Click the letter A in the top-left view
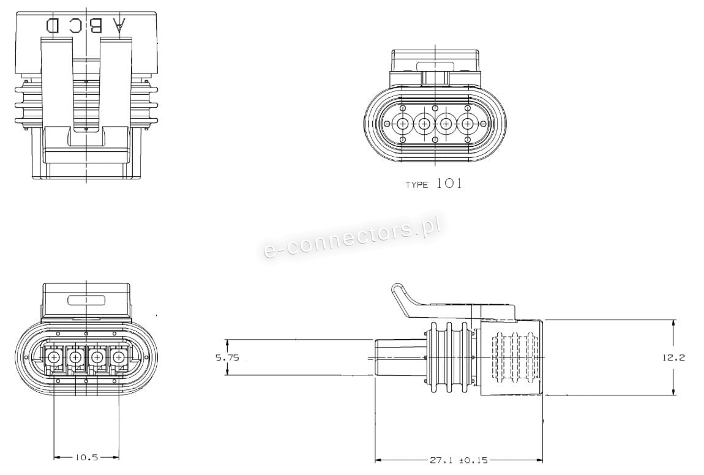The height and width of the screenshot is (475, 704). [119, 26]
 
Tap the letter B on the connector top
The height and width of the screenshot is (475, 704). [95, 26]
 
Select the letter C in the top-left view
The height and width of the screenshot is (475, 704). [75, 26]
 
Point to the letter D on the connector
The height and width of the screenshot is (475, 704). [53, 26]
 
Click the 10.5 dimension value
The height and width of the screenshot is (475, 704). [86, 457]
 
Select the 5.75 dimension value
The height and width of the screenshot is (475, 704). [227, 358]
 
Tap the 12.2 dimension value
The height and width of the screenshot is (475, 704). [673, 358]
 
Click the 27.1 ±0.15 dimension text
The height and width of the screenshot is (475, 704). [457, 460]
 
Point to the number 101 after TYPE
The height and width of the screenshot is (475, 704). [449, 183]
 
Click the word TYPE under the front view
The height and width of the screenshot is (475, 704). [417, 185]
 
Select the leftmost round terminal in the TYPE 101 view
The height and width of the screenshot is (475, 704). [403, 123]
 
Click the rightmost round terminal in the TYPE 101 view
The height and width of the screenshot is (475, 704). [467, 123]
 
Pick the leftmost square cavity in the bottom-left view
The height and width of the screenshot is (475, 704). [54, 358]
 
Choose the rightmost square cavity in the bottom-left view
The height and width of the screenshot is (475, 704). [119, 358]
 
